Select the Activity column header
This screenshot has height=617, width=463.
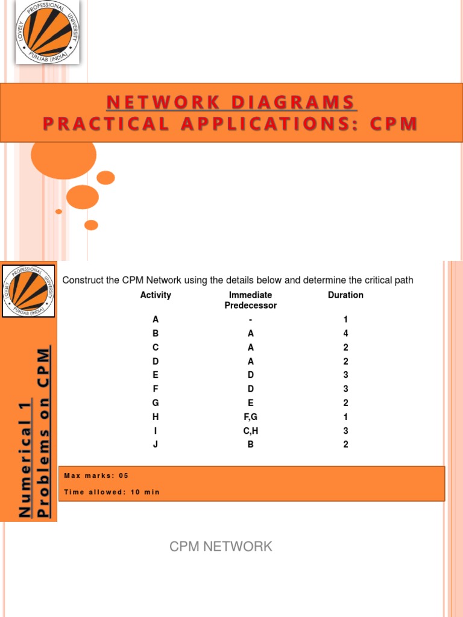tap(156, 295)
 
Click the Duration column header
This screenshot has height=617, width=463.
tap(345, 295)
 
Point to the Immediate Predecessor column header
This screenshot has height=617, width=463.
tap(250, 300)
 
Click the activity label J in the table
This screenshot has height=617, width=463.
tap(156, 445)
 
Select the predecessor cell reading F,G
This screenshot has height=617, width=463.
tap(251, 417)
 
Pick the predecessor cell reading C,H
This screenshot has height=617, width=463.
tap(251, 431)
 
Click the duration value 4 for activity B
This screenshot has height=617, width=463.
tap(345, 334)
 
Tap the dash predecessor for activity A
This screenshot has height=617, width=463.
tap(251, 320)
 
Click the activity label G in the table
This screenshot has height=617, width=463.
tap(156, 403)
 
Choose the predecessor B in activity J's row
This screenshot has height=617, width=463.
tap(251, 445)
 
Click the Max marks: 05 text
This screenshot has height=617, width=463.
tap(96, 476)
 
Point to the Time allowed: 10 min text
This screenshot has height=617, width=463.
tap(112, 492)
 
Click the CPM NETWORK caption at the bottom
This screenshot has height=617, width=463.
tap(221, 547)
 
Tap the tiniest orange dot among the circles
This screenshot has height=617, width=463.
tap(58, 211)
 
